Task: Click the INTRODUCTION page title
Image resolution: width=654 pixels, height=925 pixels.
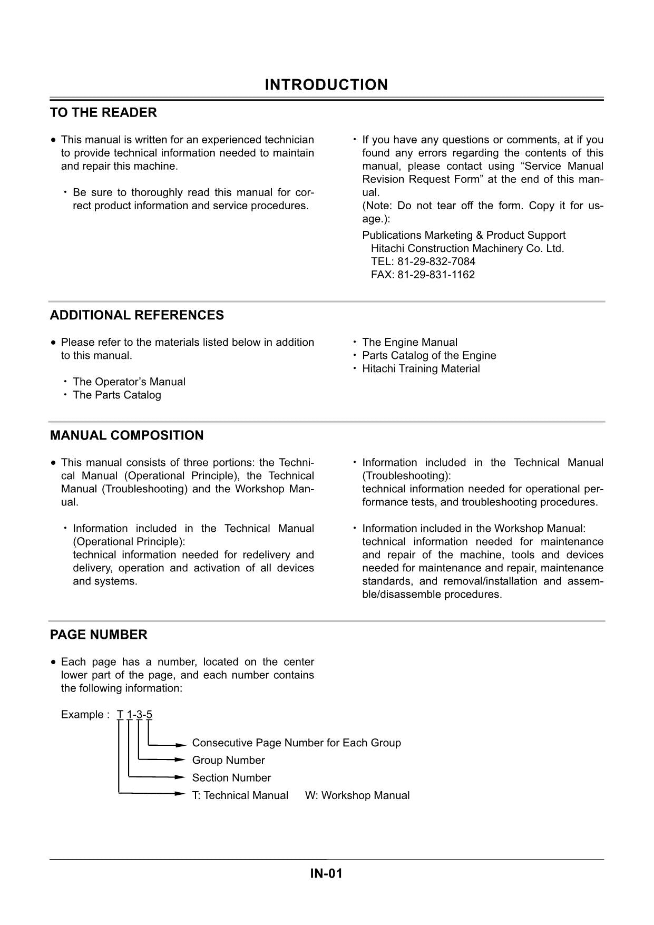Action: coord(326,85)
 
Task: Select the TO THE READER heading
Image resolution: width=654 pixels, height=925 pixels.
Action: coord(103,113)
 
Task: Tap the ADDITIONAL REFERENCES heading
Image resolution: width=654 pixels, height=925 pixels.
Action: coord(136,315)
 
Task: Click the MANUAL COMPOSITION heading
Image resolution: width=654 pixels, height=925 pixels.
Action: coord(126,435)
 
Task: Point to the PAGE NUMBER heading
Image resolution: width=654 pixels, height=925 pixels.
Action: coord(99,635)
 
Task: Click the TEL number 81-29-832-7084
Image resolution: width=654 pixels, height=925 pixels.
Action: coord(423,262)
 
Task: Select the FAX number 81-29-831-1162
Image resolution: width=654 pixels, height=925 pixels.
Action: coord(423,275)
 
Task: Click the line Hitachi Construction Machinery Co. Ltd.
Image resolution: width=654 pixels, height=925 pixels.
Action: coord(467,249)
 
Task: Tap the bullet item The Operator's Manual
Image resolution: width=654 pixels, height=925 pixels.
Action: coord(129,382)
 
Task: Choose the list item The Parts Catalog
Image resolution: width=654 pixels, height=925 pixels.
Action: coord(116,395)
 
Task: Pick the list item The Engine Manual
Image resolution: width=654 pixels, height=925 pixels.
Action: coord(409,343)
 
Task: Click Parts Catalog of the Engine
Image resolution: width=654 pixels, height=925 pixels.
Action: coord(428,356)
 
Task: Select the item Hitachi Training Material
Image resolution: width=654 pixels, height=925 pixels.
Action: coord(421,369)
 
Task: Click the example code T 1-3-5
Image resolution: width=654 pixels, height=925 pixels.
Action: coord(134,715)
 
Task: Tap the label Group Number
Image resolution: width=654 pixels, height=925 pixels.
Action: coord(228,761)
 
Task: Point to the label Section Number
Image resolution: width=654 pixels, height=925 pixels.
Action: coord(231,778)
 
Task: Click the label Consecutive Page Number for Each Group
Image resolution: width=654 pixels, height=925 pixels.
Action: coord(296,743)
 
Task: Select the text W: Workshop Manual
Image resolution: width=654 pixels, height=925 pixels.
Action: coord(357,796)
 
